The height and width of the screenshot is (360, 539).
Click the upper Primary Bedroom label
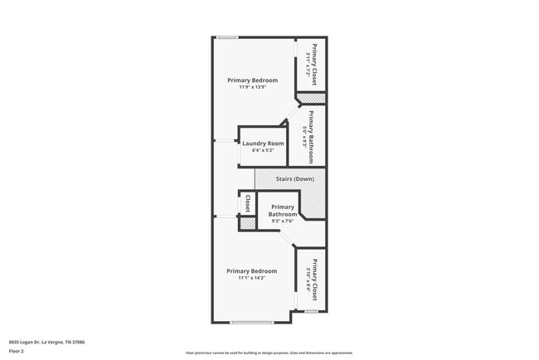pos(253,80)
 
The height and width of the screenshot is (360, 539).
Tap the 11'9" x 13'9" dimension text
pos(253,87)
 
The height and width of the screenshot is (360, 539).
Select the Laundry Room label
pos(263,144)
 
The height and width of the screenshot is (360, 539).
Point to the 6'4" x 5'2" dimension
pos(263,151)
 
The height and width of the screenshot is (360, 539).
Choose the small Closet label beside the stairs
pos(247,204)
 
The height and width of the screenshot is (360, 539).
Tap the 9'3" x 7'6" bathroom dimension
pos(282,221)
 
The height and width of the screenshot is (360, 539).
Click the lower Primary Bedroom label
pos(251,271)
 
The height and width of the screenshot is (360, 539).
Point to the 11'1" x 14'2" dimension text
pos(251,279)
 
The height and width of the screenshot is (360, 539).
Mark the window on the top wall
pos(227,36)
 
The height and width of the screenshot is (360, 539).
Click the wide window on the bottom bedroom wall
pos(251,323)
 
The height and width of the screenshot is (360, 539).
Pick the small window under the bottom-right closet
pos(311,312)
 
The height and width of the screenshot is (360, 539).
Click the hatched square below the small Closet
pos(247,223)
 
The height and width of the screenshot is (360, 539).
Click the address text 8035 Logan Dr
pos(47,342)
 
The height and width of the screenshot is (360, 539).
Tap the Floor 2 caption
pos(16,351)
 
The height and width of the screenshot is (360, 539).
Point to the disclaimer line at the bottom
pos(269,353)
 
